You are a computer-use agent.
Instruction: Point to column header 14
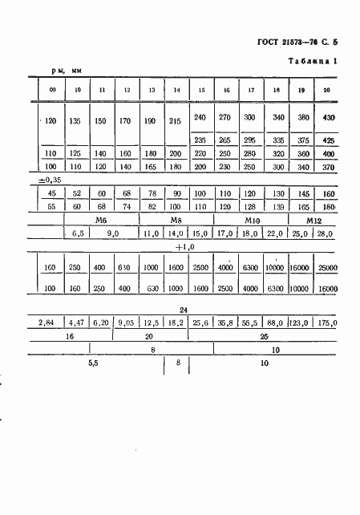pos(176,89)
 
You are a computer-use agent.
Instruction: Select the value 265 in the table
pos(225,139)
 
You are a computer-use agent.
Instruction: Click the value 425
pos(327,139)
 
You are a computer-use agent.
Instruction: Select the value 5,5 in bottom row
pos(94,363)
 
